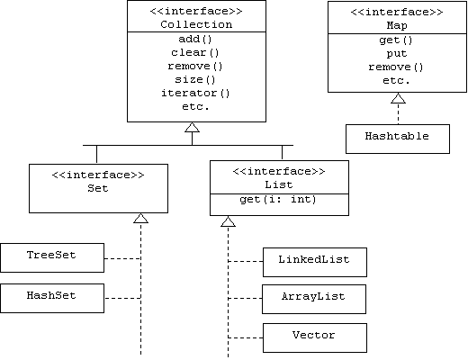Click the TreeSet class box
[x=52, y=258]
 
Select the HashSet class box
[x=52, y=298]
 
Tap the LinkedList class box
[x=315, y=262]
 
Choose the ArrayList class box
[x=314, y=300]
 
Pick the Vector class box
[x=315, y=337]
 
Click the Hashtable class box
[x=398, y=139]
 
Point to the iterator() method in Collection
[x=195, y=93]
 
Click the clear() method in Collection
[x=195, y=52]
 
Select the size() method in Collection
[x=195, y=79]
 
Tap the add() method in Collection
[x=195, y=39]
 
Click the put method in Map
[x=397, y=54]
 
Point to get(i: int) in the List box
[x=278, y=199]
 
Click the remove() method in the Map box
[x=396, y=67]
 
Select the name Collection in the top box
[x=196, y=24]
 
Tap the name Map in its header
[x=397, y=25]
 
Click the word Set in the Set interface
[x=98, y=188]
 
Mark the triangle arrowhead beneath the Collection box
[x=193, y=127]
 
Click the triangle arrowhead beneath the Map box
[x=398, y=98]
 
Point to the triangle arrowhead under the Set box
[x=140, y=218]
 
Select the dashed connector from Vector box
[x=246, y=337]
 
